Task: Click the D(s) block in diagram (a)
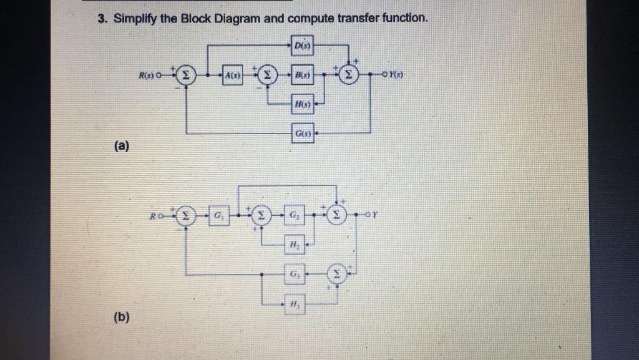pyautogui.click(x=303, y=45)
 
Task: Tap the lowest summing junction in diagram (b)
pyautogui.click(x=338, y=274)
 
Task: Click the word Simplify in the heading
pyautogui.click(x=132, y=18)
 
